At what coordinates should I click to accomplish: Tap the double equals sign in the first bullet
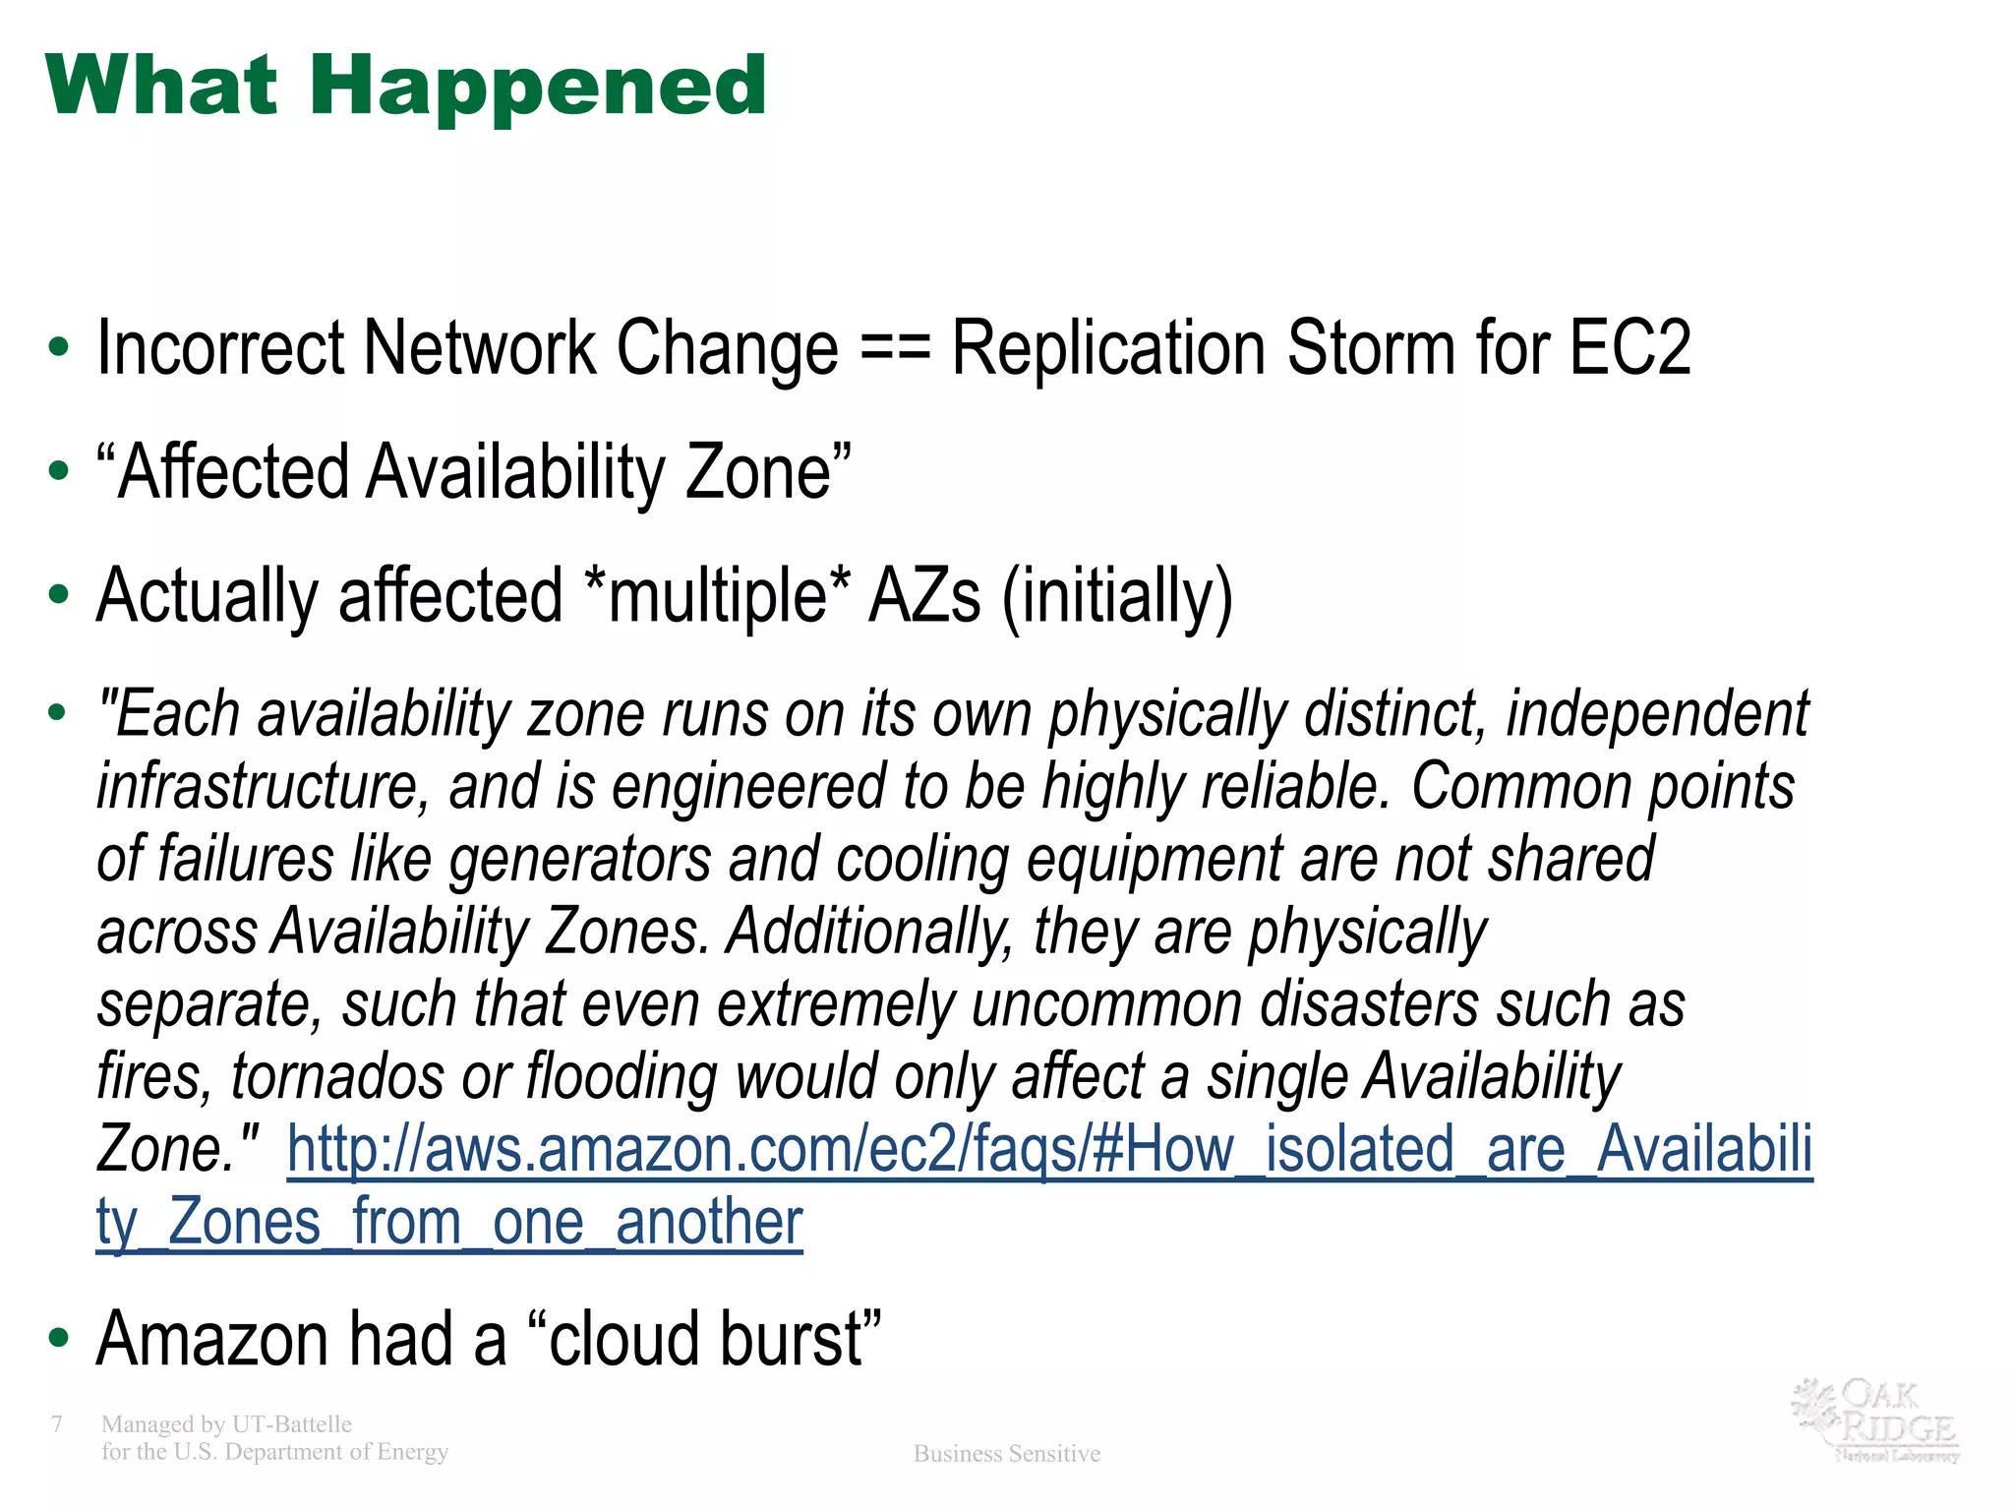(x=894, y=349)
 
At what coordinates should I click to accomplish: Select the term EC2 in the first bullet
(x=1629, y=347)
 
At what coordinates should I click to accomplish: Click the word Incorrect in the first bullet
(x=221, y=349)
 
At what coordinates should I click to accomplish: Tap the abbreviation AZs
(x=924, y=596)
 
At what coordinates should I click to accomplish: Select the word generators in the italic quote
(x=580, y=860)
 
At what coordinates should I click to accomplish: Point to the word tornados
(x=337, y=1076)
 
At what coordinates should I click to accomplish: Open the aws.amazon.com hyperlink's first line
(x=1049, y=1149)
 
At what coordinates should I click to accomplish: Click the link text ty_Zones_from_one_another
(x=449, y=1223)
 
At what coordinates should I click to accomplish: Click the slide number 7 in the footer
(x=57, y=1424)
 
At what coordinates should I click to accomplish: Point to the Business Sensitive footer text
(x=1007, y=1454)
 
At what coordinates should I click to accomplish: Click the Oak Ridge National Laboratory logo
(x=1874, y=1420)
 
